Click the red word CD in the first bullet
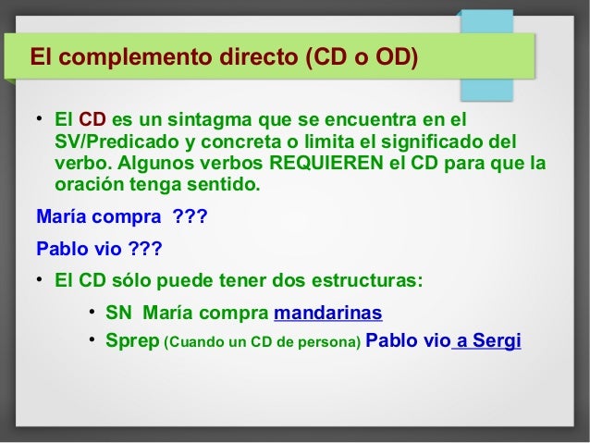pos(92,120)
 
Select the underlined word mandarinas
pos(328,312)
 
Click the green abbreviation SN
pos(118,312)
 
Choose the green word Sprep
pos(131,341)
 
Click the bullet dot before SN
pos(92,312)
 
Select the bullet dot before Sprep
pos(92,341)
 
